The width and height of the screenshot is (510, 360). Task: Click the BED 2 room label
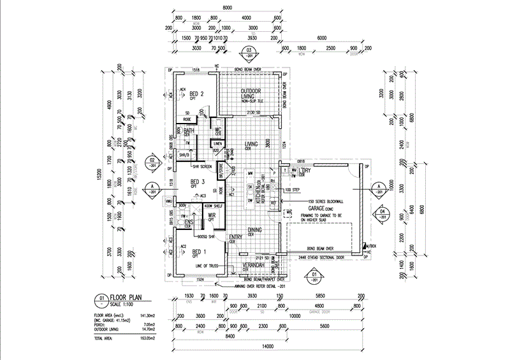click(x=196, y=94)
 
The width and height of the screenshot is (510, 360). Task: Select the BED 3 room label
click(x=198, y=183)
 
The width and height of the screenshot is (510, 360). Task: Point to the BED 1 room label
click(x=198, y=252)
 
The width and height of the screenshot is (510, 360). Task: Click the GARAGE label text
click(x=319, y=208)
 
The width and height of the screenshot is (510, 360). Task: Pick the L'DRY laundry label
click(x=303, y=171)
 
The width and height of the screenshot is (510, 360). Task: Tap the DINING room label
click(x=254, y=230)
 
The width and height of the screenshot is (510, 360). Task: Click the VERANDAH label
click(x=254, y=265)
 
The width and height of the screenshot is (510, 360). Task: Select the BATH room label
click(x=189, y=131)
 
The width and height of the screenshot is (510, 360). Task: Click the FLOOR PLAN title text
click(x=126, y=297)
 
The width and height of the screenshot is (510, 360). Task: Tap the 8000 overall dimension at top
click(x=228, y=8)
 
